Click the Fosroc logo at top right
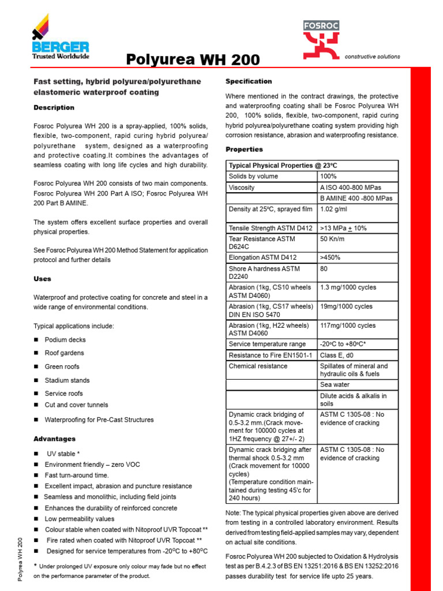coord(321,40)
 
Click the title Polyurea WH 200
coord(193,60)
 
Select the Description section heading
coord(54,107)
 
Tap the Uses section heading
coord(43,279)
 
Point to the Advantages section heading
coord(54,439)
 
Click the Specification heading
coord(249,81)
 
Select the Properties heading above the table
coord(244,149)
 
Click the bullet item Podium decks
coord(65,340)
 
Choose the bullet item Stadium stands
coord(67,380)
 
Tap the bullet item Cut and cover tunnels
coord(76,405)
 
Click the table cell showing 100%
coord(328,176)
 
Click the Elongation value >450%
coord(331,258)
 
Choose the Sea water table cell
coord(336,384)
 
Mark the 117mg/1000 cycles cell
coord(347,326)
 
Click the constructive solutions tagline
coord(372,57)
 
